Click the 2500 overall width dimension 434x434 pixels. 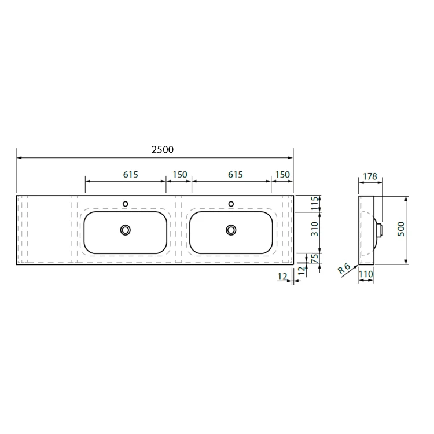(x=163, y=149)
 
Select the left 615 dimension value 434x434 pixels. (x=130, y=175)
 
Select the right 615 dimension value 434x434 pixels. (x=236, y=175)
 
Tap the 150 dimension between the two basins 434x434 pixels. (x=180, y=175)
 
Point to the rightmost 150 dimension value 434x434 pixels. (x=282, y=175)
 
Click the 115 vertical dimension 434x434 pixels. (x=315, y=204)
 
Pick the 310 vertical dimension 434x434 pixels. (x=315, y=229)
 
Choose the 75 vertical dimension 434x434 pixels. (x=315, y=259)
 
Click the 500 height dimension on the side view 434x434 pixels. (x=401, y=229)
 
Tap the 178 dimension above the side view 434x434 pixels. (x=370, y=176)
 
